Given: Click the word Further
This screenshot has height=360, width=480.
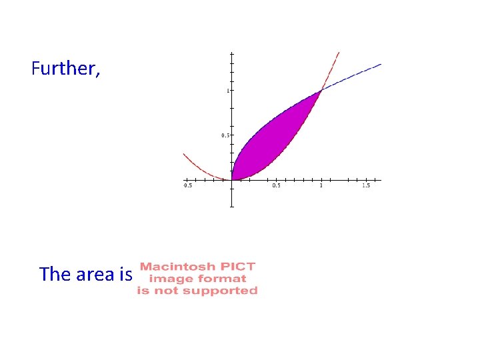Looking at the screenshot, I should (65, 68).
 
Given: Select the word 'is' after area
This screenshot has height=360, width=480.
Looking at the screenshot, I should (125, 274).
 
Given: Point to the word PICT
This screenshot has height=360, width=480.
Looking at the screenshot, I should (239, 267).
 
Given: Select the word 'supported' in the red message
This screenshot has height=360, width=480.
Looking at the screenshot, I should (225, 291).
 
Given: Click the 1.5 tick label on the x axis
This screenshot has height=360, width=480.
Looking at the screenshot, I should (365, 185).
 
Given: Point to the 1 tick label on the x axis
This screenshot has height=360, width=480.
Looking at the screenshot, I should (321, 185).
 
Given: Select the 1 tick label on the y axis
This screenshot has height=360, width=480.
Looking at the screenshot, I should (227, 91).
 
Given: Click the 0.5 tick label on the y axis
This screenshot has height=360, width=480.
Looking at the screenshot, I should (225, 135).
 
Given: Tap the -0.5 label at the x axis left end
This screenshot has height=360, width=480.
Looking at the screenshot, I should (188, 185).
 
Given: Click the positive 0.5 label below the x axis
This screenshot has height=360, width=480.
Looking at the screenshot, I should (276, 185).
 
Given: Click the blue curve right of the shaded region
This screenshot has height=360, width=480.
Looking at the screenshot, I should (353, 75).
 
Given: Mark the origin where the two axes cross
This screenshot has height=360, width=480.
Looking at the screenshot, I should (231, 180).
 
